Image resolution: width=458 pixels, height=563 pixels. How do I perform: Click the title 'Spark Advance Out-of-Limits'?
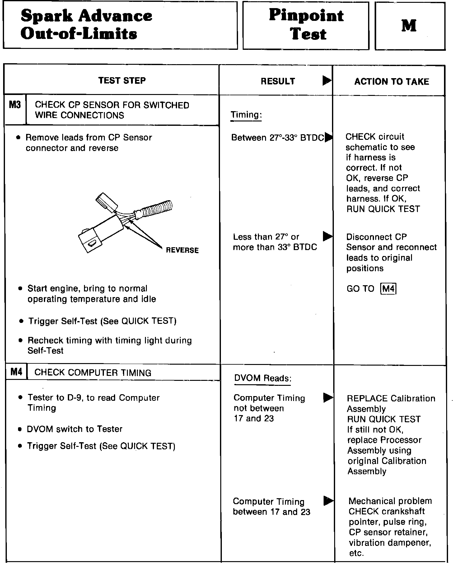tap(86, 25)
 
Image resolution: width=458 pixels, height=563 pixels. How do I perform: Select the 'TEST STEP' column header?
tap(122, 81)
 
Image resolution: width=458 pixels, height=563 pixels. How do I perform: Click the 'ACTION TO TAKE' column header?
tap(391, 82)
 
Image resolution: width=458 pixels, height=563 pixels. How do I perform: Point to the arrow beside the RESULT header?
tap(327, 81)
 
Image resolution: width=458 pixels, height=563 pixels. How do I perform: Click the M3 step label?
tap(15, 105)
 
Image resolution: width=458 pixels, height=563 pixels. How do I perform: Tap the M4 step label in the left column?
tap(16, 372)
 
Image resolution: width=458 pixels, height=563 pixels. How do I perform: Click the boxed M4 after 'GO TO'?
tap(388, 289)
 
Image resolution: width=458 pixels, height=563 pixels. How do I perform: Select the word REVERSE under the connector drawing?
tap(182, 250)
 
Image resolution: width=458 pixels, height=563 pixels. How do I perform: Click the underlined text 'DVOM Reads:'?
tap(263, 378)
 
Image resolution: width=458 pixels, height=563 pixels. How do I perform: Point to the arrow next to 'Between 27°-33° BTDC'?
tap(328, 137)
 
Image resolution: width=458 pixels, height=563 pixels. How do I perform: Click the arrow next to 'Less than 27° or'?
tap(327, 237)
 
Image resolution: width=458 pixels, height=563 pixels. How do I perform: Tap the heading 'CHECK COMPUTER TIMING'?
tap(93, 373)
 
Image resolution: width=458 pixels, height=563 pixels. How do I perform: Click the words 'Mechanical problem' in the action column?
tap(390, 501)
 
